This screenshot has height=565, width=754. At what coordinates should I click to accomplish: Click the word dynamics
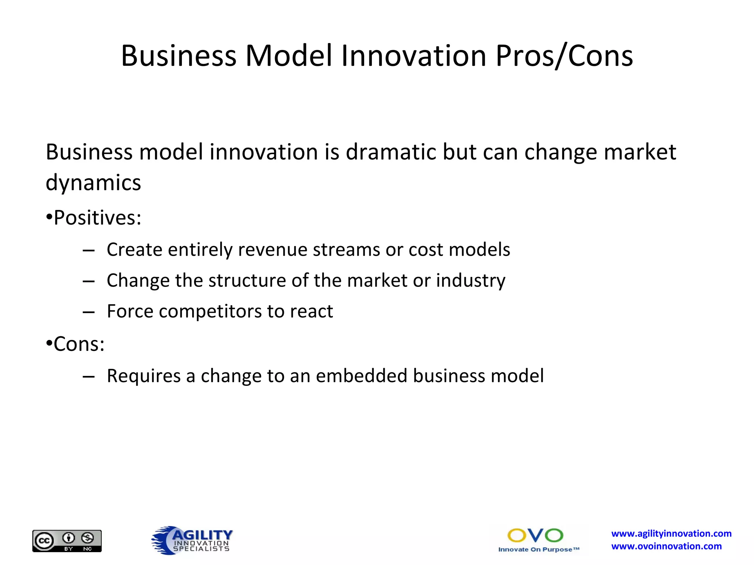pos(93,183)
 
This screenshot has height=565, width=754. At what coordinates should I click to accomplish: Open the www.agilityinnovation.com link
pos(671,533)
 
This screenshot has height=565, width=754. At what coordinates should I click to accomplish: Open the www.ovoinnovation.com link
pos(666,546)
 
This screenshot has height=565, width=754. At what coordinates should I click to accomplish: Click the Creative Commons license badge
pos(67,541)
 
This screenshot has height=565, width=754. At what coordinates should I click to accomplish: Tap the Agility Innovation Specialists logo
pos(192,540)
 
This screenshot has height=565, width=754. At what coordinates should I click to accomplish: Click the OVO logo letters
pos(535,536)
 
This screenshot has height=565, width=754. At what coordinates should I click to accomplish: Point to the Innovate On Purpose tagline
pos(538,550)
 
